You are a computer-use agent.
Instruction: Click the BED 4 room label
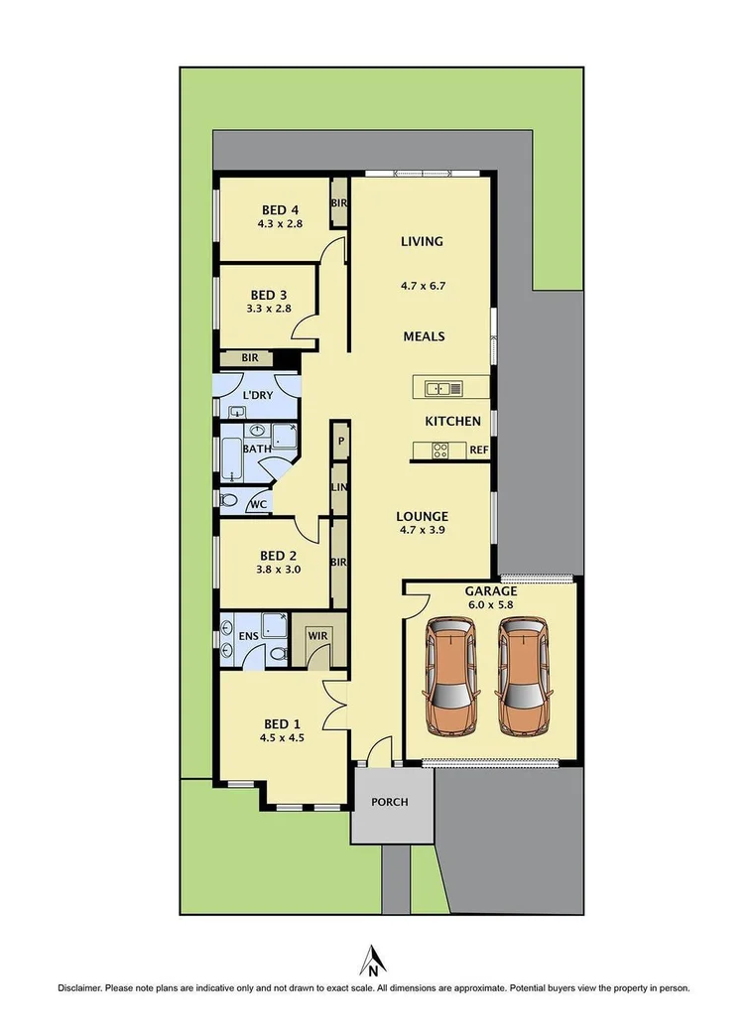coord(280,210)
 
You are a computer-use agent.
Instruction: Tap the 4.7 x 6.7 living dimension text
coord(423,286)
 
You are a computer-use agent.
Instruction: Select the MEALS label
coord(424,336)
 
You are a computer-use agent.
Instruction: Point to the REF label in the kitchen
coord(478,451)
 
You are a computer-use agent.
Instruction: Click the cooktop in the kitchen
coord(440,451)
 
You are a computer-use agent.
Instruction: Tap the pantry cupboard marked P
coord(340,440)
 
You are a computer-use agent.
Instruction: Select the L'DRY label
coord(257,395)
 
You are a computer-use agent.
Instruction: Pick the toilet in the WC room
coord(228,501)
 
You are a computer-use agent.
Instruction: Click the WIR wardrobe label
coord(317,636)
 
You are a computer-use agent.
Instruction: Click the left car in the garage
coord(450,677)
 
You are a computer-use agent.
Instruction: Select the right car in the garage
coord(523,677)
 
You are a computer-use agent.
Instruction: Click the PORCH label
coord(389,802)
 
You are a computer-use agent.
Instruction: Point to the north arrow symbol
coord(373,961)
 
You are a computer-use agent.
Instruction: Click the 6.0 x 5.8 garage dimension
coord(490,604)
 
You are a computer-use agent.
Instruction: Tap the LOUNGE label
coord(422,516)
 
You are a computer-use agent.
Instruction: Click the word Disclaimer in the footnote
coord(79,988)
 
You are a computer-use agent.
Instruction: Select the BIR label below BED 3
coord(249,358)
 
